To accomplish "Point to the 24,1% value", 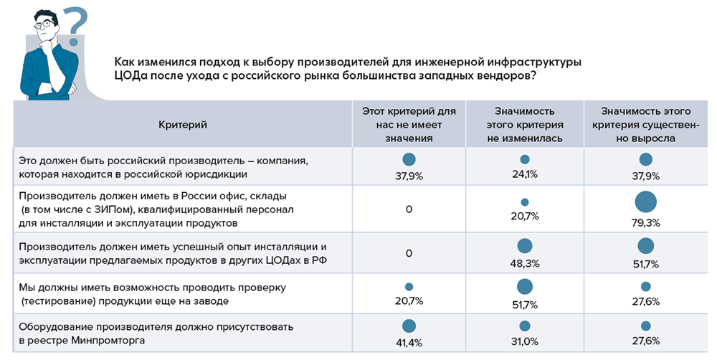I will click(x=525, y=174).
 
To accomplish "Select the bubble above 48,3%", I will click(x=525, y=245).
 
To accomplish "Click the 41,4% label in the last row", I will click(x=409, y=341).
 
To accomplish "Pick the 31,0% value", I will click(x=525, y=341).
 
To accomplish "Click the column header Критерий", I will click(x=183, y=125).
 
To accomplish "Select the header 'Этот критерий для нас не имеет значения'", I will click(x=409, y=125).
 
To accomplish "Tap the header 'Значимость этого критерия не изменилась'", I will click(x=525, y=125).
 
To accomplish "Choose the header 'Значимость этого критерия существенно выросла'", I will click(x=645, y=125).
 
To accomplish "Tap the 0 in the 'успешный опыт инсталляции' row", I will click(x=409, y=253).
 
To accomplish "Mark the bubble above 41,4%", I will click(x=409, y=326).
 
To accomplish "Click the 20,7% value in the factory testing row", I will click(x=409, y=300).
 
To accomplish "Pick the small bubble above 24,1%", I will click(x=525, y=160).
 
